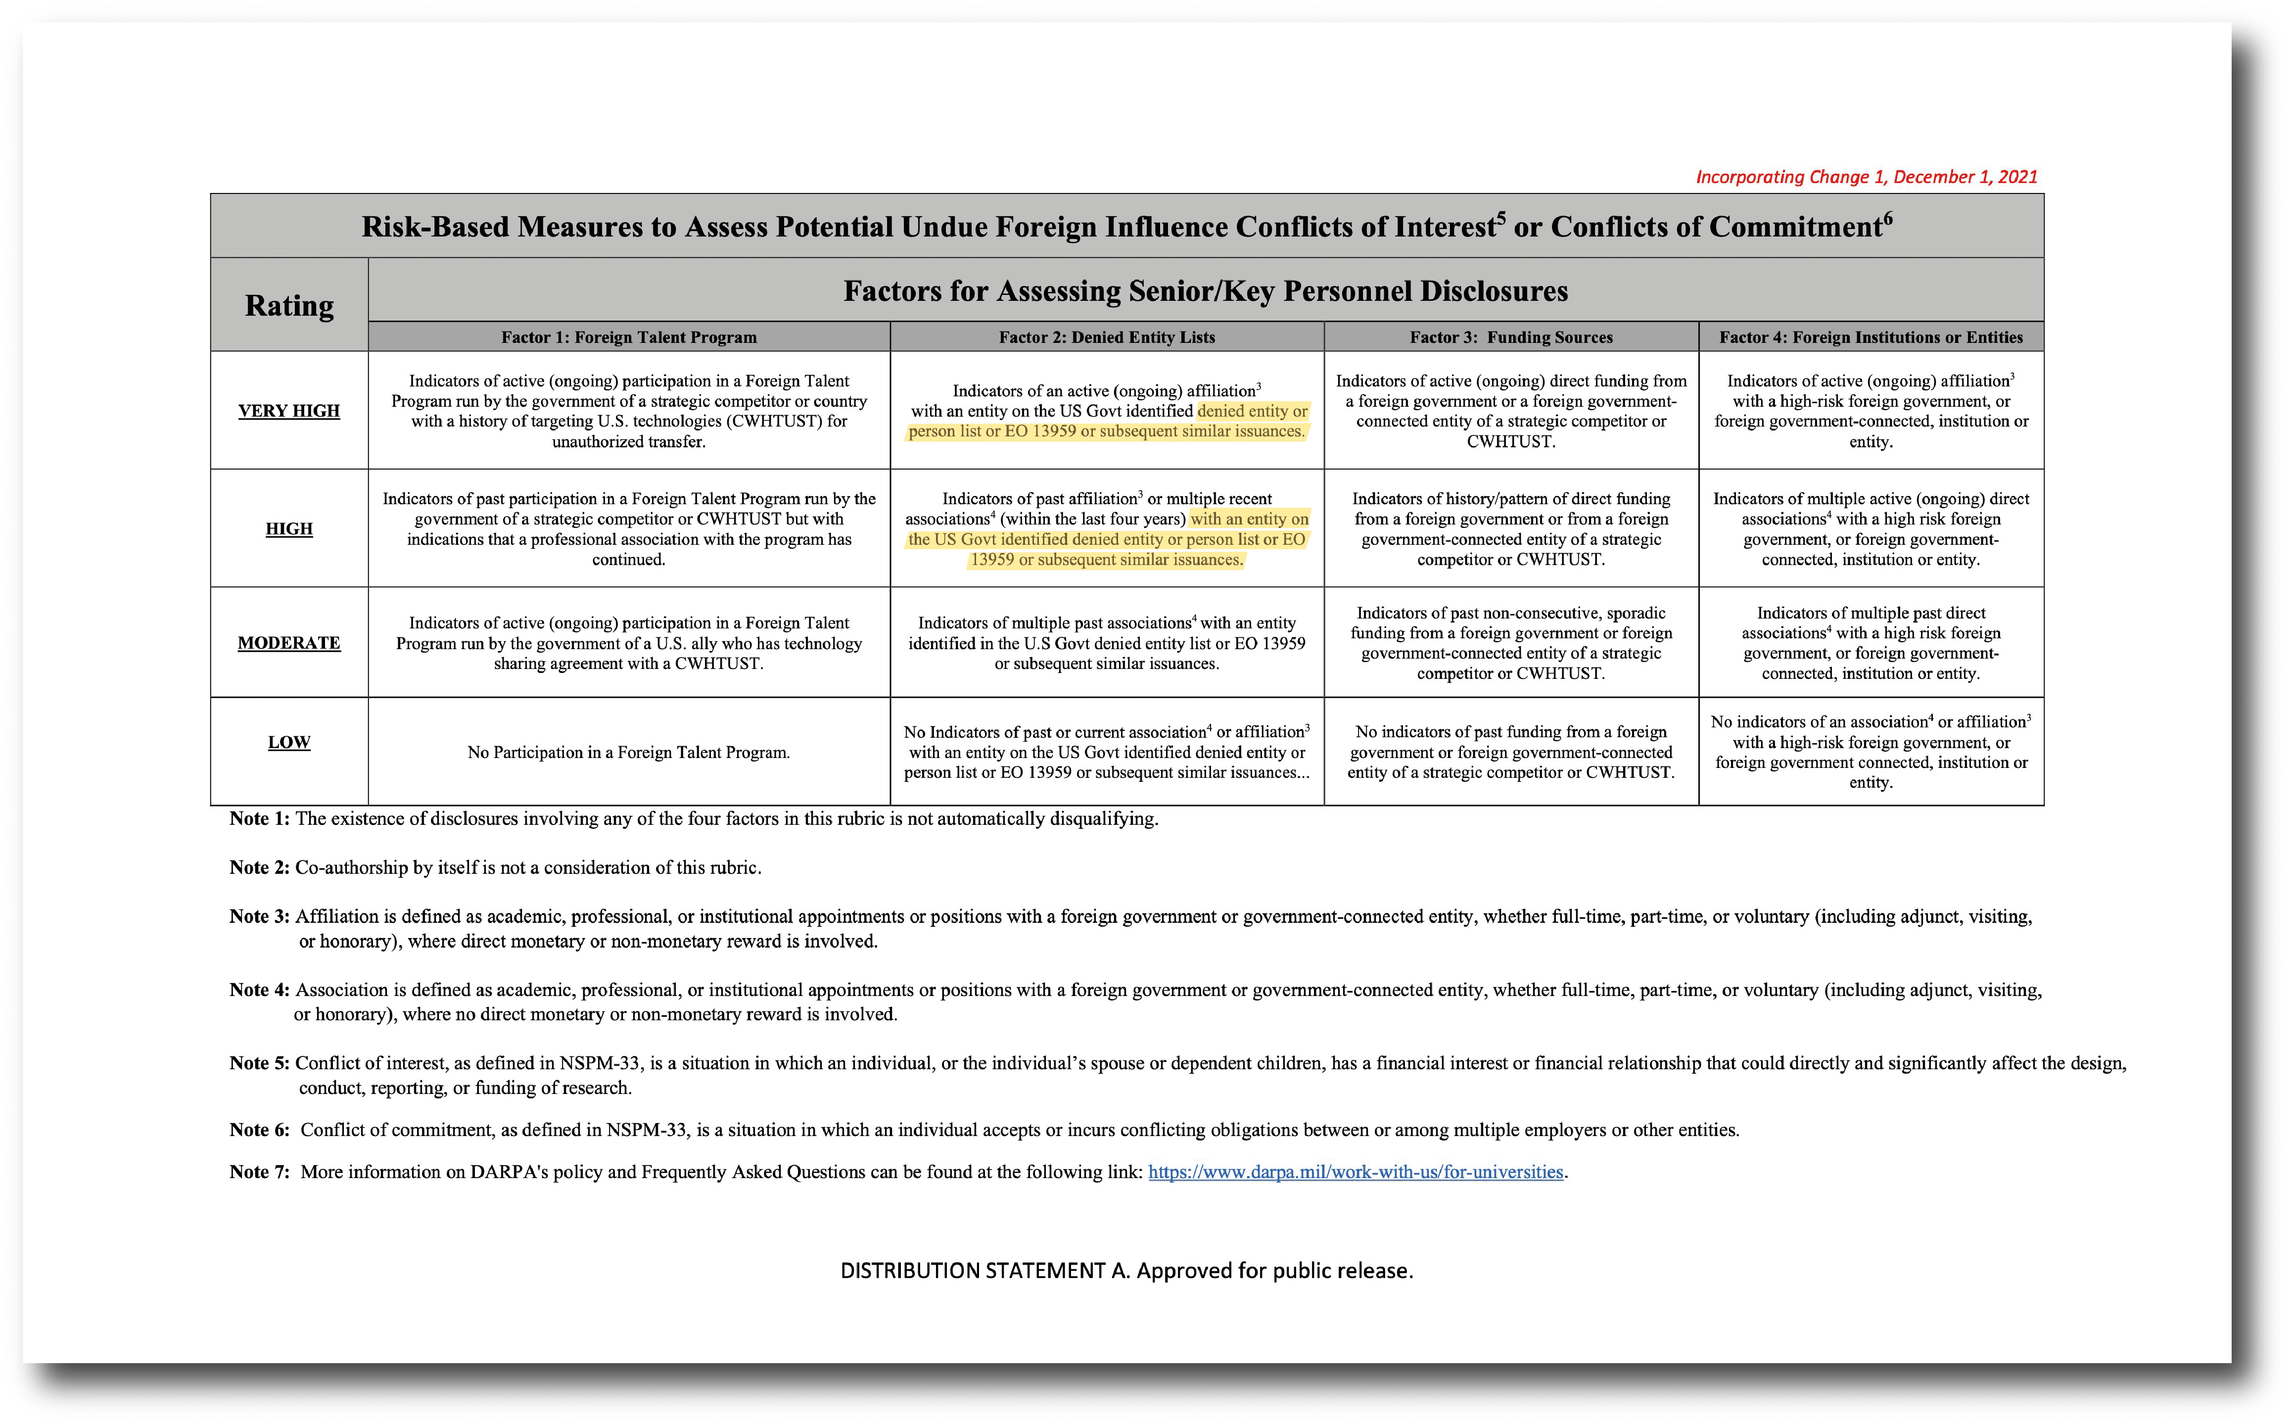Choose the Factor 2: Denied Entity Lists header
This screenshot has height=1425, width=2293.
[x=1107, y=337]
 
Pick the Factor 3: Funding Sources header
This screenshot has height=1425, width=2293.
[x=1511, y=337]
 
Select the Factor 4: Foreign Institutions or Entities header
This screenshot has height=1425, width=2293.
[x=1871, y=337]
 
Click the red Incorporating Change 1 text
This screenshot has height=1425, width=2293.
[x=1866, y=177]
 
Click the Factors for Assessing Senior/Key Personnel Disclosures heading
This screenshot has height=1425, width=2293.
[x=1205, y=291]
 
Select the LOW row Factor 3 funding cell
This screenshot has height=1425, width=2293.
[x=1511, y=752]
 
